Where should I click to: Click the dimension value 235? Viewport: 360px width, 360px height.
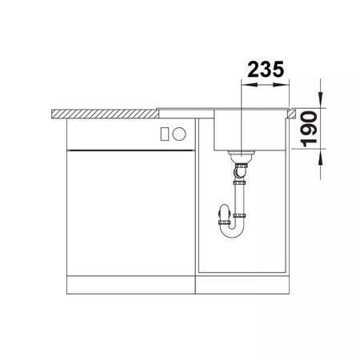click(266, 70)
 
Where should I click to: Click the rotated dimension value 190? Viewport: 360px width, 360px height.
click(309, 129)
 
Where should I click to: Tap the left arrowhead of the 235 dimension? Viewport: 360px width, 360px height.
click(250, 85)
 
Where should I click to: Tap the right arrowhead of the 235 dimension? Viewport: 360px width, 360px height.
click(281, 85)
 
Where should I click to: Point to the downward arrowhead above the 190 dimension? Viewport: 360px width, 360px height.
click(320, 99)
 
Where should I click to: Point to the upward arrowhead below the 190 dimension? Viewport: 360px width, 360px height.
click(320, 157)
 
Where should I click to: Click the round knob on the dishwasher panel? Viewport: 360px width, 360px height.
click(179, 134)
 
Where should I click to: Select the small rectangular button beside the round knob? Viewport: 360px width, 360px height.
click(164, 134)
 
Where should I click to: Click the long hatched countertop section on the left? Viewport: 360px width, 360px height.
click(105, 114)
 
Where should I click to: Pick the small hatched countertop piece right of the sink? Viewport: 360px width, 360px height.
click(291, 114)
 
